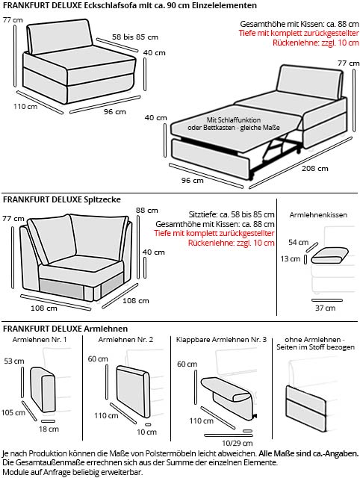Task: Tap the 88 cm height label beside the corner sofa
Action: tap(146, 210)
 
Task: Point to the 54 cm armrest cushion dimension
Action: tap(298, 243)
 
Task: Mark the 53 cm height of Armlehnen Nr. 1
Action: tap(13, 361)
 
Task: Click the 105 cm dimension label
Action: tap(13, 412)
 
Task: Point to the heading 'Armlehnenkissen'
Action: tap(317, 214)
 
